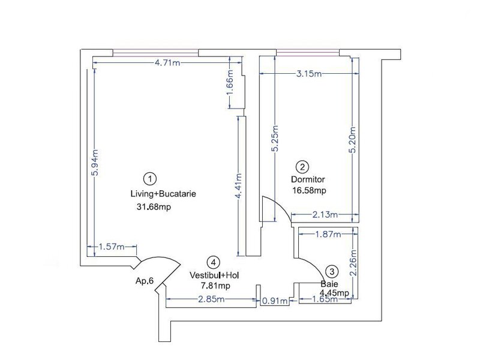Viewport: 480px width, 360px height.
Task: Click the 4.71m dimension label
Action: [167, 63]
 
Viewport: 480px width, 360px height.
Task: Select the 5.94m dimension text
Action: [95, 163]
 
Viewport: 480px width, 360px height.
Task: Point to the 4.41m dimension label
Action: [239, 186]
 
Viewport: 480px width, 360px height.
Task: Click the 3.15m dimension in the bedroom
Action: [309, 74]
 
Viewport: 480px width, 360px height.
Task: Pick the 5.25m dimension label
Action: [275, 138]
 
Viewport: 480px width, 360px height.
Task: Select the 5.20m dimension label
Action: [353, 140]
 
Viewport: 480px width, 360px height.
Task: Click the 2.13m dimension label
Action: [325, 215]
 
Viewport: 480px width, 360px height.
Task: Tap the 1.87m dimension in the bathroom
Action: [328, 235]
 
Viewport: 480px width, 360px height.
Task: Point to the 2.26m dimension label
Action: [353, 263]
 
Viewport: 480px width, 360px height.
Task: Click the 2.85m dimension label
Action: [212, 299]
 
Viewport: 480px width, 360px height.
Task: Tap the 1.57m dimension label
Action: [112, 247]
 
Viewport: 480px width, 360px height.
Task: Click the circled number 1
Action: [149, 179]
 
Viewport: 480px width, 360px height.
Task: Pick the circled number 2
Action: [302, 167]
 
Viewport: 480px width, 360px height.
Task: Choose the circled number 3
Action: [332, 271]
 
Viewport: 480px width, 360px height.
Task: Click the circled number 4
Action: [214, 262]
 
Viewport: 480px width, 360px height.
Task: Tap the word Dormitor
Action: [308, 179]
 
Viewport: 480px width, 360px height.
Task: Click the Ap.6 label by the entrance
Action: [144, 281]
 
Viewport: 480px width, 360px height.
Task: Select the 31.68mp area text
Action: [154, 207]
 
